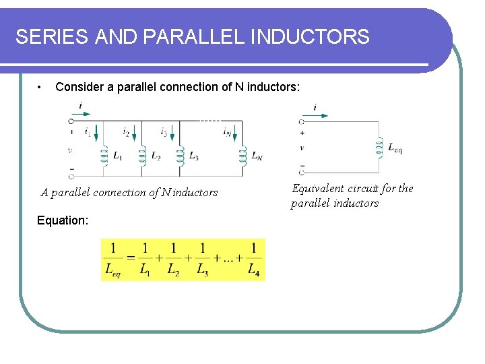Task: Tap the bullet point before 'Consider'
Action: [41, 87]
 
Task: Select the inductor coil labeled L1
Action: [104, 156]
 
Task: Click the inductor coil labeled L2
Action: [141, 156]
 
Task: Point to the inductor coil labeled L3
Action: [179, 156]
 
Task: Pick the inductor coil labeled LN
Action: [242, 156]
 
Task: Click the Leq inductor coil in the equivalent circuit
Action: [379, 148]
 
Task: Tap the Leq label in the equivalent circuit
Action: [395, 148]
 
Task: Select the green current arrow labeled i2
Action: [135, 136]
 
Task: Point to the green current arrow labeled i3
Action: [172, 136]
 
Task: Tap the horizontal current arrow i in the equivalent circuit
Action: [319, 115]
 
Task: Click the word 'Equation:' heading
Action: [62, 220]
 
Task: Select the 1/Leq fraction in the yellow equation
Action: [113, 260]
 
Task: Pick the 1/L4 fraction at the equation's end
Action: [253, 260]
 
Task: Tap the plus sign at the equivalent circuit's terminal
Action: [301, 133]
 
